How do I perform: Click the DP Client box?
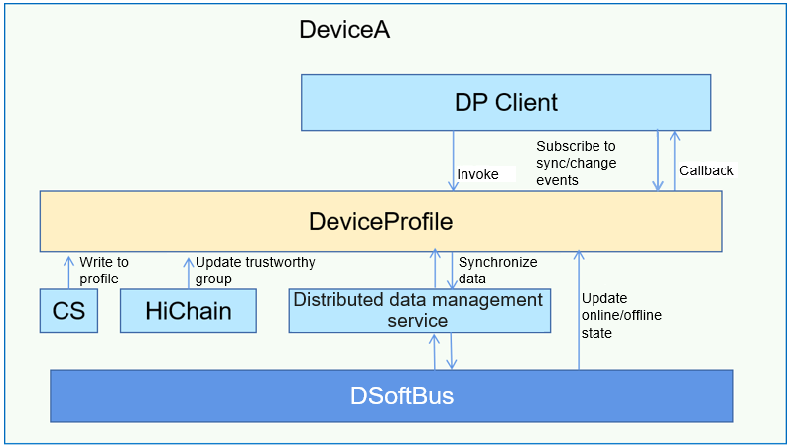coord(505,102)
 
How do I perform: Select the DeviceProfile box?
coord(380,221)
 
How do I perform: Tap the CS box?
coord(68,311)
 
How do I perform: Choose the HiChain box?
coord(188,311)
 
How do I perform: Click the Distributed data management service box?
coord(419,310)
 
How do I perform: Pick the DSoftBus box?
coord(391,395)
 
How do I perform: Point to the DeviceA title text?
coord(343,30)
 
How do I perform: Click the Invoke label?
coord(477,174)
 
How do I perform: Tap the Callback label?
coord(706,170)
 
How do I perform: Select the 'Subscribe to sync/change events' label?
coord(577,163)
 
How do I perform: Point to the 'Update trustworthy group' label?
coord(255,271)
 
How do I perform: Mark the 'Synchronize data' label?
coord(497,271)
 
